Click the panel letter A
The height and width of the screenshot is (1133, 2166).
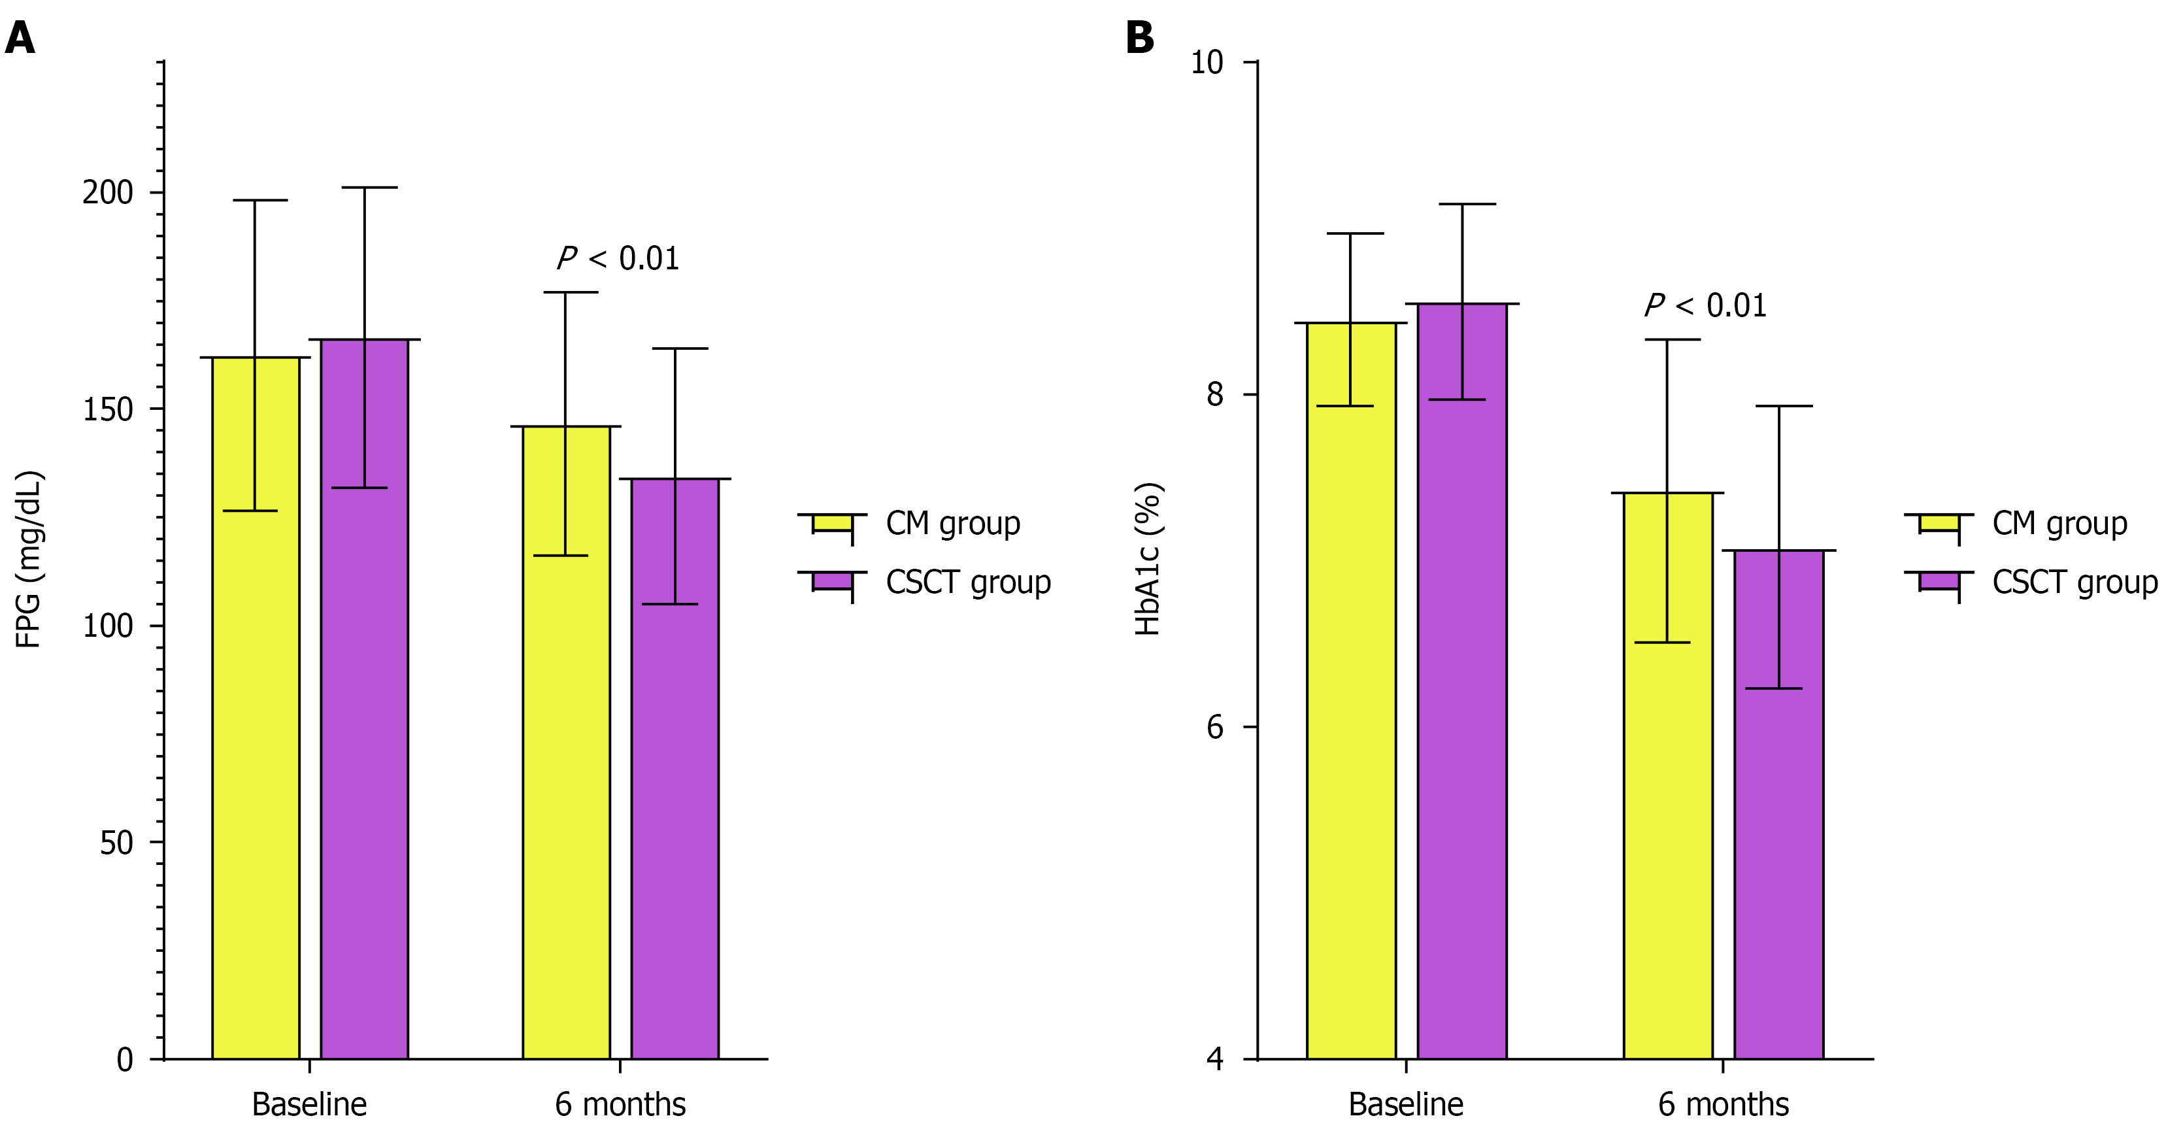coord(20,38)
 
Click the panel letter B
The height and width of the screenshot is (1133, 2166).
coord(1139,38)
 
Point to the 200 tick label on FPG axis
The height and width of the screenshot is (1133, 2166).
coord(108,193)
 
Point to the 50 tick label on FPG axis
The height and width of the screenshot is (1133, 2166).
coord(116,843)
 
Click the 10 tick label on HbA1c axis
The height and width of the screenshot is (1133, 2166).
coord(1207,62)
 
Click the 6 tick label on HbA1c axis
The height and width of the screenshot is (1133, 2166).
coord(1215,728)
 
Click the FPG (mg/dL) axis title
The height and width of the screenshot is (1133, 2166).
coord(29,560)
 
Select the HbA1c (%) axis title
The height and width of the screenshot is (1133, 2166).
coord(1148,560)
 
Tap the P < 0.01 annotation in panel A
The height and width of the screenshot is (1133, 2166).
coord(618,259)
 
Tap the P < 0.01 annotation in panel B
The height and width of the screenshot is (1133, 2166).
coord(1705,306)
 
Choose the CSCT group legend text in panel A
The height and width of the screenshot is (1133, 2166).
coord(968,582)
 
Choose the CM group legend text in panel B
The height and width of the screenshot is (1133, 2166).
coord(2059,523)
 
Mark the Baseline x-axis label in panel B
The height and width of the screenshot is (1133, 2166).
coord(1405,1104)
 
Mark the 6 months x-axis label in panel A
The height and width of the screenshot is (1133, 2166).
coord(620,1104)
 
